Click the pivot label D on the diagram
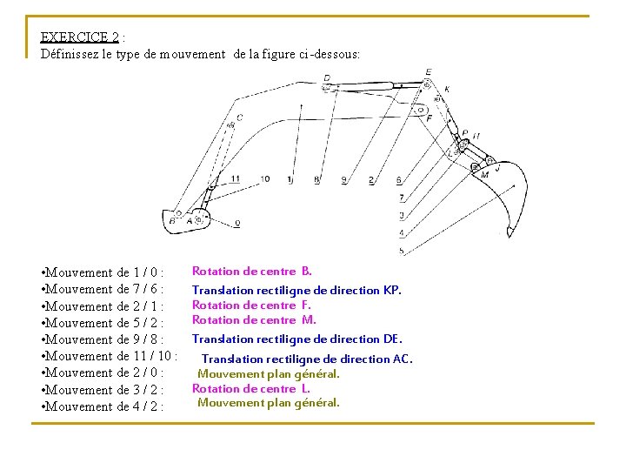326,77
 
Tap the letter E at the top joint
429,72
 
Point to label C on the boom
239,117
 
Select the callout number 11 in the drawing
236,179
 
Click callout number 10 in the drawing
264,179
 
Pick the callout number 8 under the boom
316,180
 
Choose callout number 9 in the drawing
343,180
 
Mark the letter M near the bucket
484,174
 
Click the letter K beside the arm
447,90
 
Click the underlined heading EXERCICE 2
80,37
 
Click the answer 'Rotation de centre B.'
252,271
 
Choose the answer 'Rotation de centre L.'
250,388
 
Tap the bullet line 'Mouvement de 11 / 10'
110,356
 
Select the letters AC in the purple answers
403,359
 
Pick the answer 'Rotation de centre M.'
254,319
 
